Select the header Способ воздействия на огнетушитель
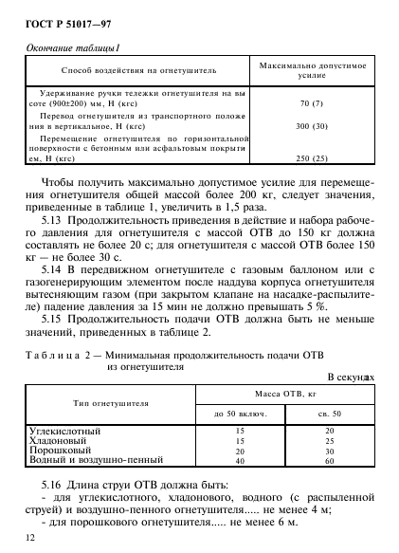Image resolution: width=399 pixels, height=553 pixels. [138, 70]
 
